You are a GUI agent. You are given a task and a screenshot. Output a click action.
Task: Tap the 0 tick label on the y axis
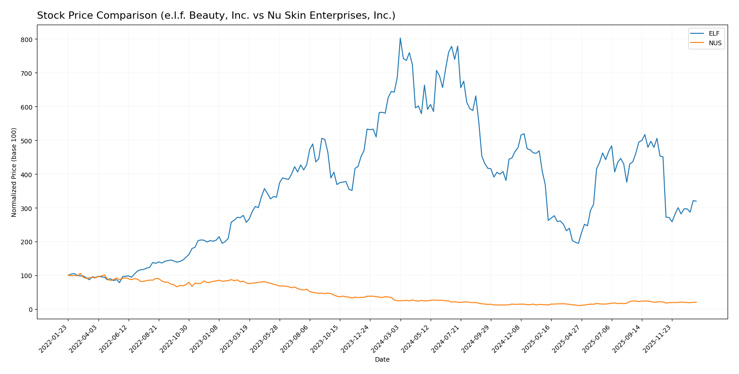tap(31, 310)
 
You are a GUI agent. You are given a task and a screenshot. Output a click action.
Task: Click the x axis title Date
tap(382, 360)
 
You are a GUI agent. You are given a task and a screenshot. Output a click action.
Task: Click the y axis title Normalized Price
tap(14, 172)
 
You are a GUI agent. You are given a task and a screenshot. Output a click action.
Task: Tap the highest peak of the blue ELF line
tap(400, 38)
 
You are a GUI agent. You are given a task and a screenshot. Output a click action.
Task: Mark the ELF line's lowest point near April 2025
tap(578, 243)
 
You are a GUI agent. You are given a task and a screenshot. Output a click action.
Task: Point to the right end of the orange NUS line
tap(696, 302)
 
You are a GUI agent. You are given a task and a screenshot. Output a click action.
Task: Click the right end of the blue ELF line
tap(696, 201)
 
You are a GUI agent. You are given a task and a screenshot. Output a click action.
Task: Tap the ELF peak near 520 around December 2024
tap(524, 133)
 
